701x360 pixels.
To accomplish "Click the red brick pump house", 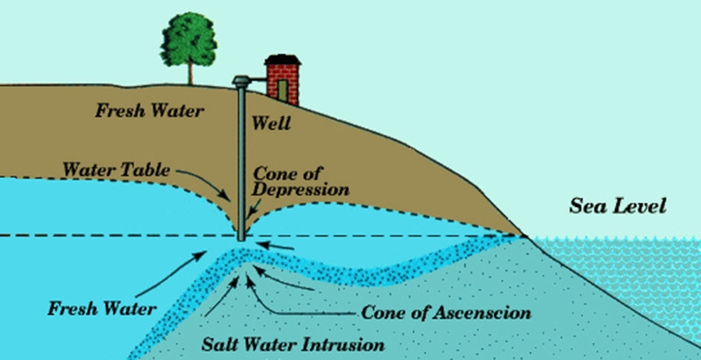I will (283, 82).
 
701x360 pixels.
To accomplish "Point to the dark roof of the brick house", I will (283, 60).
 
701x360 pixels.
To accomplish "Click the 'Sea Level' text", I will (618, 208).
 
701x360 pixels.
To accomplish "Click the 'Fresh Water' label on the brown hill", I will (150, 112).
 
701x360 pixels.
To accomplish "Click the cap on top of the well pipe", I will (238, 81).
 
